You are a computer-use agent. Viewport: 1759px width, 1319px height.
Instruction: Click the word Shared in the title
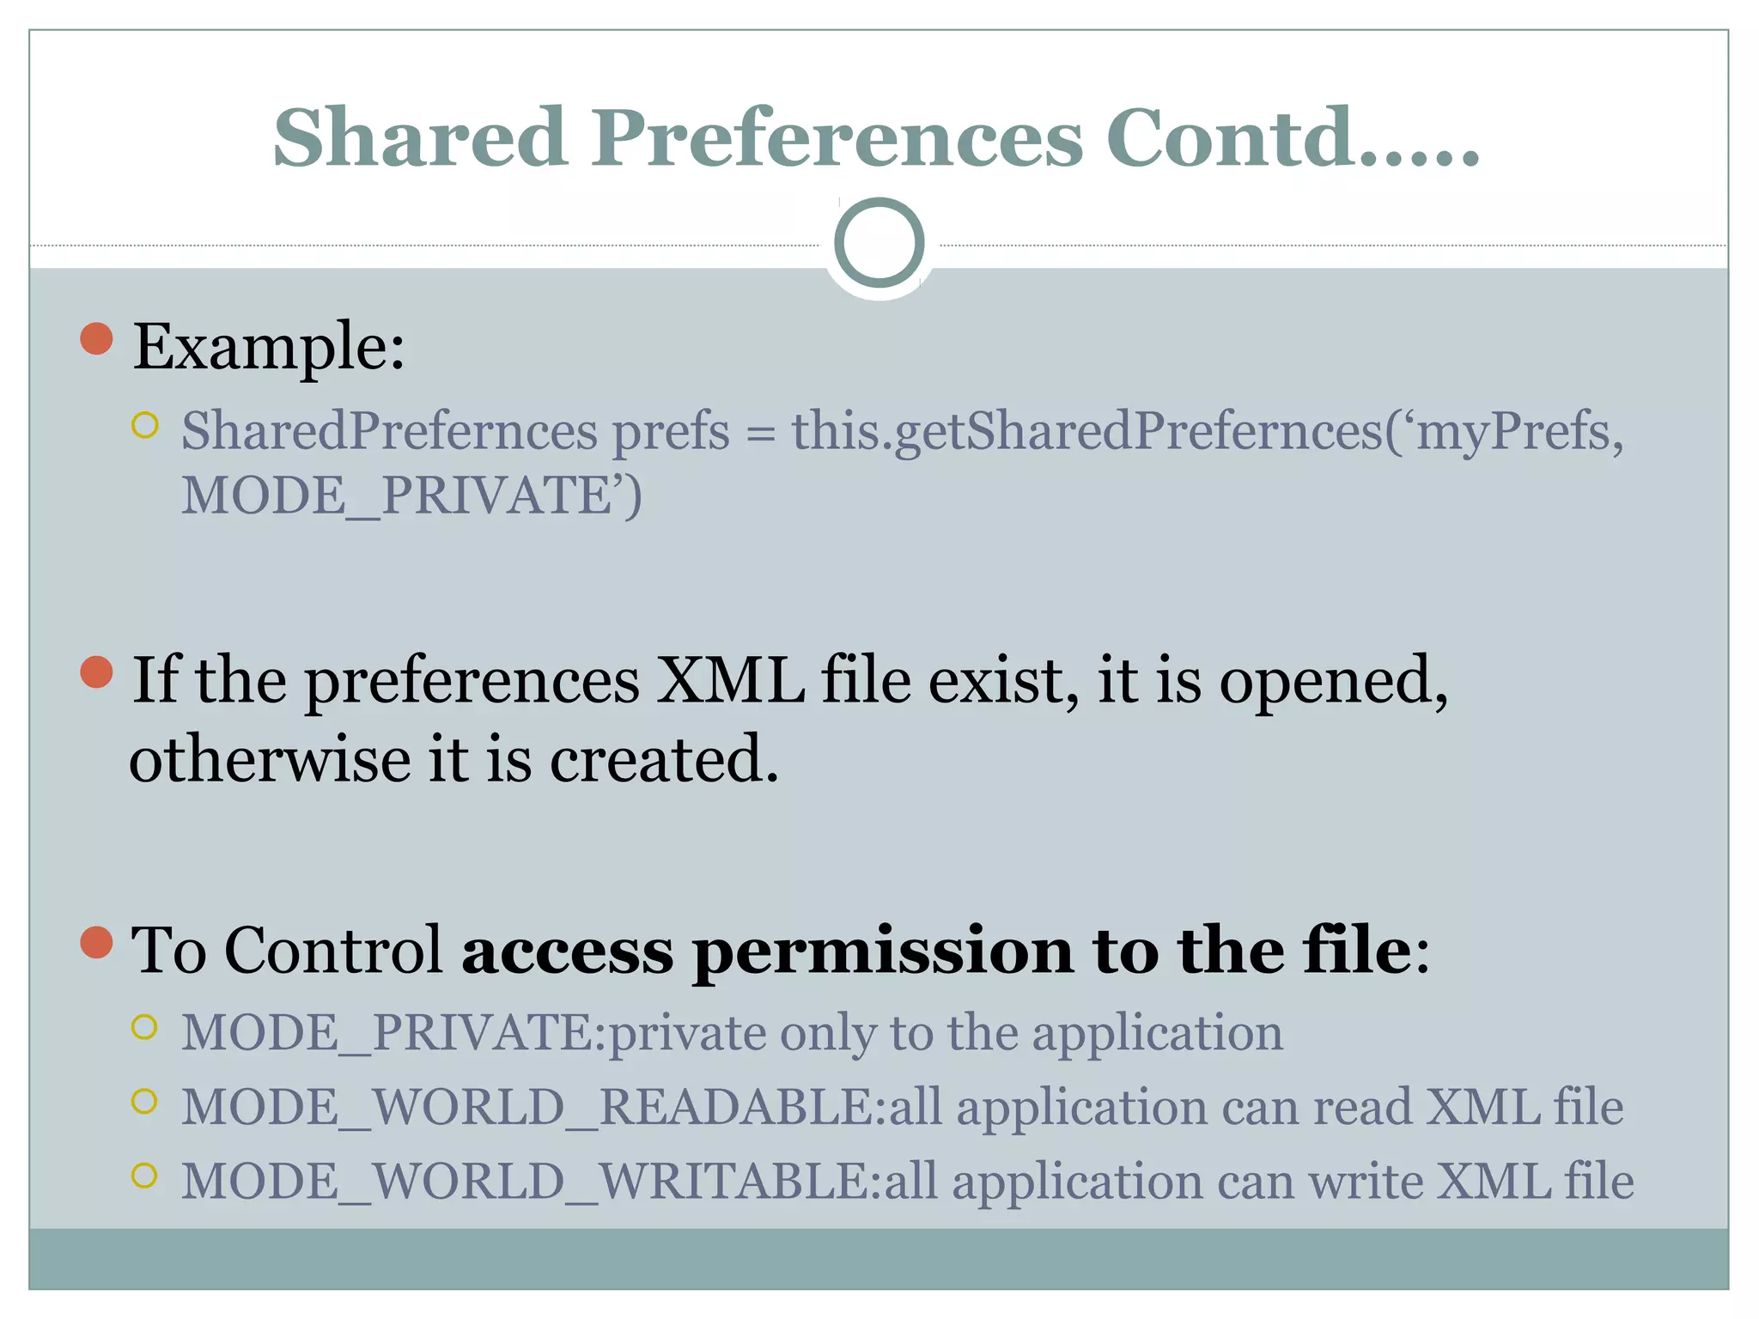pyautogui.click(x=420, y=137)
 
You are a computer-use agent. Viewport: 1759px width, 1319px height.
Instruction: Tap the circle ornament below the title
pyautogui.click(x=879, y=243)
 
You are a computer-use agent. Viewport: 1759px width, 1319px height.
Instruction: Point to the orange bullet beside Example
pyautogui.click(x=96, y=338)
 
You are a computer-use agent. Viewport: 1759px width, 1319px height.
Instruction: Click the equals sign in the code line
pyautogui.click(x=760, y=432)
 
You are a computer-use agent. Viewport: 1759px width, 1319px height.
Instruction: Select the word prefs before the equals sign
pyautogui.click(x=670, y=432)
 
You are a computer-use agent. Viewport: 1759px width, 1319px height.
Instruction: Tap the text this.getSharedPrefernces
pyautogui.click(x=1086, y=432)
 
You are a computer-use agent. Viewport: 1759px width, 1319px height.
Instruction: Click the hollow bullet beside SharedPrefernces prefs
pyautogui.click(x=145, y=425)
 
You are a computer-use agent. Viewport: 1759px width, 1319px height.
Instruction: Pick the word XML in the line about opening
pyautogui.click(x=730, y=680)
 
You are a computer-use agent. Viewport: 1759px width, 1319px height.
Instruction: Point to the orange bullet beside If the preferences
pyautogui.click(x=96, y=672)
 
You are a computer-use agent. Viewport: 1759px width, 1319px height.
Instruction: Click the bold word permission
pyautogui.click(x=882, y=952)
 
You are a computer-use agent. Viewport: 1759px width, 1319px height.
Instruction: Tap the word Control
pyautogui.click(x=333, y=951)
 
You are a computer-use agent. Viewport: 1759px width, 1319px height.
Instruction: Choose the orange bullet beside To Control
pyautogui.click(x=96, y=942)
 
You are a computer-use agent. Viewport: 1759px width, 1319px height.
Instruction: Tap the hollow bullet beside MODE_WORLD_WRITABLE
pyautogui.click(x=145, y=1176)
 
